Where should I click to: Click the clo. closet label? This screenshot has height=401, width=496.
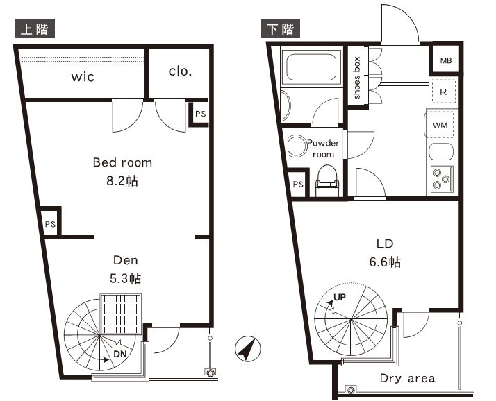point(180,71)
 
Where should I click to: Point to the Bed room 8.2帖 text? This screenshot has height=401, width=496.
point(122,171)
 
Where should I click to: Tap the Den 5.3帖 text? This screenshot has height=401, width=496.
point(126,269)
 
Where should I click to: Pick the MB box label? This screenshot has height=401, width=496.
point(445,60)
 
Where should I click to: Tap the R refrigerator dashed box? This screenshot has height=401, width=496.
point(443,91)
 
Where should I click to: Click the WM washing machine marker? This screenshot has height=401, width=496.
point(440,125)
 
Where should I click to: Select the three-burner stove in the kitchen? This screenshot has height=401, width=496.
point(440,178)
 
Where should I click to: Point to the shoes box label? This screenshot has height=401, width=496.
point(357,78)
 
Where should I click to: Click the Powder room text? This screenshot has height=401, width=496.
point(323,148)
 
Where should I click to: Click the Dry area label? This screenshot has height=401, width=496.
point(407,378)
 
